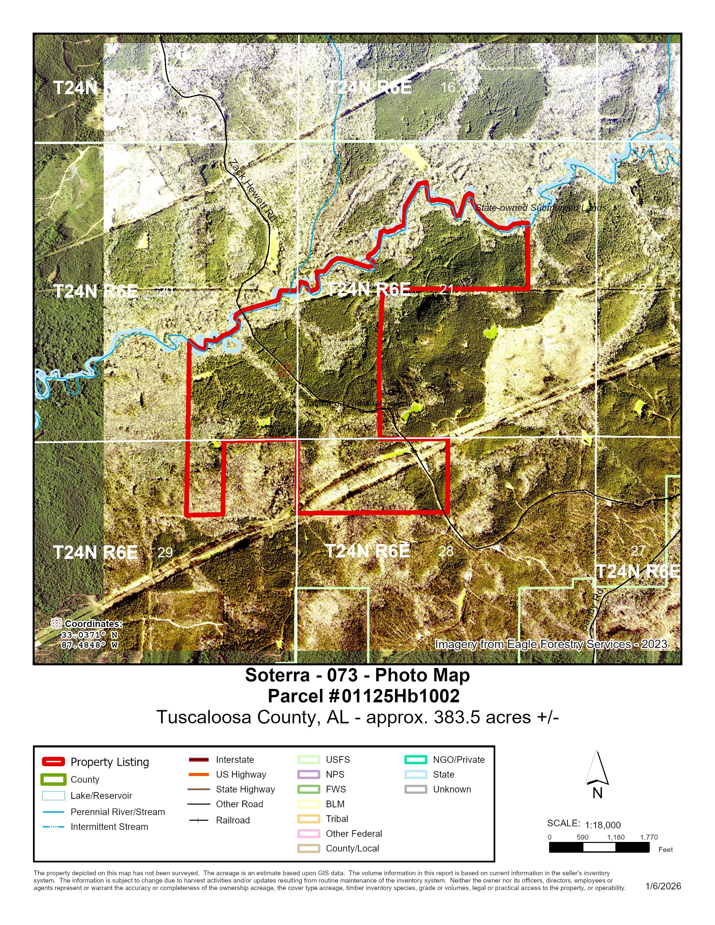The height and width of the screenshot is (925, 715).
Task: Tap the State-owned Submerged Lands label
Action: point(540,208)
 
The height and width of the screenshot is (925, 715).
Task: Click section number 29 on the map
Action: point(165,552)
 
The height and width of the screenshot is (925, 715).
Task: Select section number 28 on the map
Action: point(446,551)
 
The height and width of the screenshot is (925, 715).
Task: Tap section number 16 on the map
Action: point(448,87)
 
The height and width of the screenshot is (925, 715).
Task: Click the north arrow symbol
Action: point(597,768)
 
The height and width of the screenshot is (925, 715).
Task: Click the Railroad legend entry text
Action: point(233,820)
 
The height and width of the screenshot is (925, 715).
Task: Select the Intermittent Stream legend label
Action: point(109,827)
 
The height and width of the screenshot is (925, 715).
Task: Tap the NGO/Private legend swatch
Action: point(416,760)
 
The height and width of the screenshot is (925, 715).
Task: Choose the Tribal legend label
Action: point(337,819)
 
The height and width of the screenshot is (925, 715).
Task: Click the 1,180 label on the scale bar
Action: point(616,837)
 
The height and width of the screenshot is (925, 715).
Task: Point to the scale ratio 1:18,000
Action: point(602,825)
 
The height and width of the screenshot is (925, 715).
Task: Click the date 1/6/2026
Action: point(663,886)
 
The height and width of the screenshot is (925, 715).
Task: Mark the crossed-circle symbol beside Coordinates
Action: point(56,623)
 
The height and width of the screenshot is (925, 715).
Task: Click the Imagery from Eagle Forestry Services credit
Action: point(551,644)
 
